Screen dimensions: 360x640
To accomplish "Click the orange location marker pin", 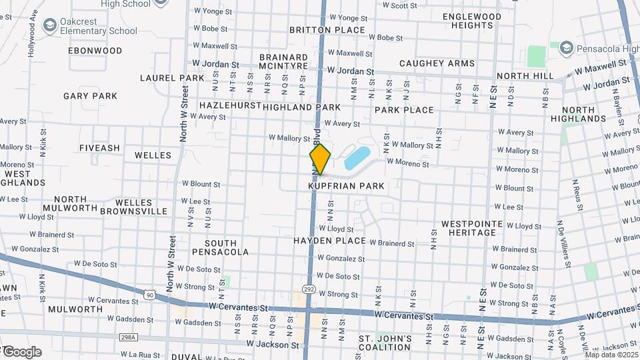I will [x=320, y=159].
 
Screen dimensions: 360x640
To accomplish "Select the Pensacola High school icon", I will [x=566, y=48].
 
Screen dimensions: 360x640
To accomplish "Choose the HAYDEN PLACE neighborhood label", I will [x=330, y=241].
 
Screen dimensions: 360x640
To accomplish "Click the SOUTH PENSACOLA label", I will [x=220, y=247].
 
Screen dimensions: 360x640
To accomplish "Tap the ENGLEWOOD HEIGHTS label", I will [x=471, y=21].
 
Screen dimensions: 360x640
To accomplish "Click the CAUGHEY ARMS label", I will [x=437, y=64].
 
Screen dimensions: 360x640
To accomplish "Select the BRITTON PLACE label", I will [x=327, y=30].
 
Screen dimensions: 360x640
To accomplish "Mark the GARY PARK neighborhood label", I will [x=91, y=96].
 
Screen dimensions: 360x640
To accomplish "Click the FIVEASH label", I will [x=99, y=148].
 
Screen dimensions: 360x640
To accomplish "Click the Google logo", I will [x=22, y=351].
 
